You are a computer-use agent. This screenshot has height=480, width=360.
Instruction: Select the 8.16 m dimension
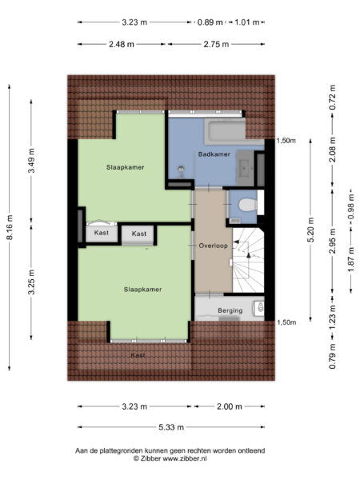(x=10, y=226)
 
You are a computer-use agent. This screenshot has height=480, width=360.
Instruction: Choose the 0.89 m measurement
(x=210, y=22)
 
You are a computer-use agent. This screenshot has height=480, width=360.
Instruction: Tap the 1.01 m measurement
(x=246, y=22)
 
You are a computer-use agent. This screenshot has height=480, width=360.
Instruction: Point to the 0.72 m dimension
(x=331, y=102)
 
